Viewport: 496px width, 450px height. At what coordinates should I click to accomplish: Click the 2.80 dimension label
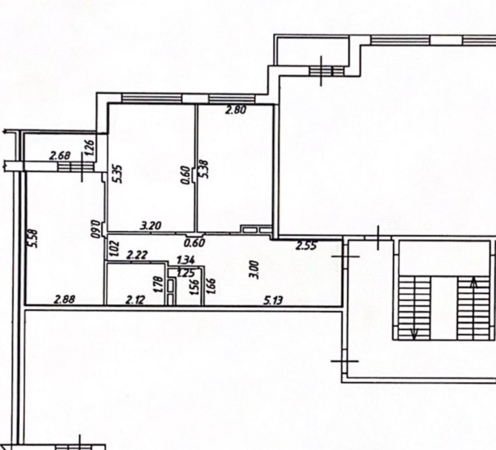pyautogui.click(x=236, y=110)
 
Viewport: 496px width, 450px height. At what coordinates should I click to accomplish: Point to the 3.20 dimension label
pyautogui.click(x=151, y=225)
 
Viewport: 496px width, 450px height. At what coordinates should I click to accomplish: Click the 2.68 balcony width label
pyautogui.click(x=60, y=156)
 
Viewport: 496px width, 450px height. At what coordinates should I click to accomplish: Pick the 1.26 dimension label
pyautogui.click(x=90, y=148)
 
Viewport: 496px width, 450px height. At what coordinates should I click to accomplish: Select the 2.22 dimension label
pyautogui.click(x=137, y=255)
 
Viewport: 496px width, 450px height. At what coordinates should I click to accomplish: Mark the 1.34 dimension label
pyautogui.click(x=186, y=259)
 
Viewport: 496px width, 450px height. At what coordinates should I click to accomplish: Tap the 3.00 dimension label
pyautogui.click(x=254, y=270)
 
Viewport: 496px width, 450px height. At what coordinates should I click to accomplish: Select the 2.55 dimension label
pyautogui.click(x=307, y=246)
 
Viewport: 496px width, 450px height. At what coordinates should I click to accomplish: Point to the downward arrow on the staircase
pyautogui.click(x=414, y=332)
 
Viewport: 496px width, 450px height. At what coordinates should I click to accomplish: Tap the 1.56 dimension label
pyautogui.click(x=196, y=287)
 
